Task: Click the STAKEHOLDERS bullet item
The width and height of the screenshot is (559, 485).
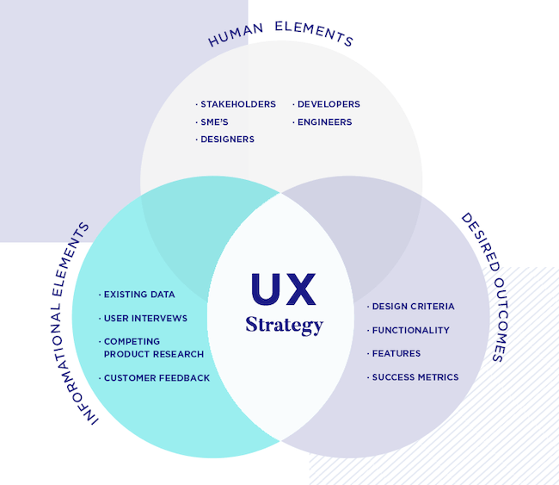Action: pos(237,104)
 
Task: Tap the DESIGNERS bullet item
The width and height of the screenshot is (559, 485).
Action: pos(226,140)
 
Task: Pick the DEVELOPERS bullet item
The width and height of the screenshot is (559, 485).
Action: pos(328,104)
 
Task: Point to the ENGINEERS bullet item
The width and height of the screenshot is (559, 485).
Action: pos(323,122)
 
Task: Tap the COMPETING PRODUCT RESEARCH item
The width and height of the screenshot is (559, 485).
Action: pos(153,348)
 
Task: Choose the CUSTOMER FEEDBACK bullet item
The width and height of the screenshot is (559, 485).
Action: pos(156,378)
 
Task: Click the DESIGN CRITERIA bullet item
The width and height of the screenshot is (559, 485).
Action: pos(412,307)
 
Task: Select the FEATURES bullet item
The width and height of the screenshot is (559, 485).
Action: pos(396,353)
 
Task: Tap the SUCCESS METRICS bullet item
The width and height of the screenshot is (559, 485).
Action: pos(415,377)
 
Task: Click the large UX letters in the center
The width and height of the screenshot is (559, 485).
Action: pos(284,289)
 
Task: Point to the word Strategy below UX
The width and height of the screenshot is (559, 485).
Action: pos(284,325)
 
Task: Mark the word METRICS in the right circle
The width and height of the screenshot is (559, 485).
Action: pos(439,377)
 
